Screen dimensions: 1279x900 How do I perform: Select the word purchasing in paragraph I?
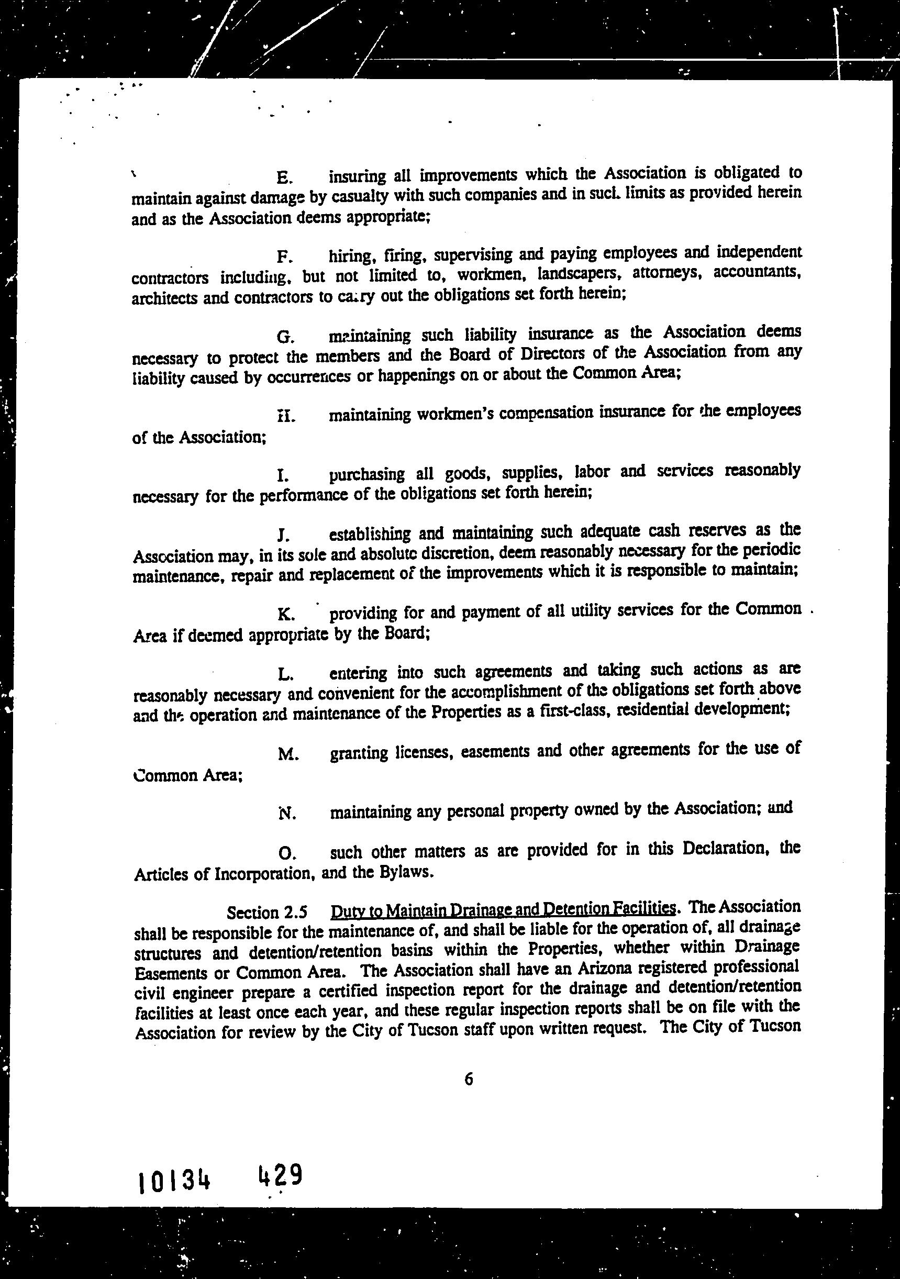coord(366,475)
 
